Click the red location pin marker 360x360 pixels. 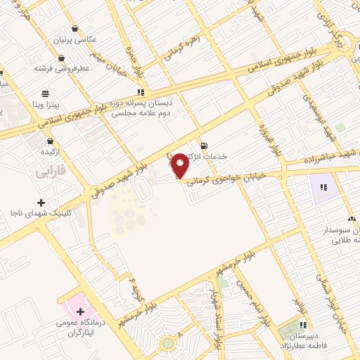point(180,165)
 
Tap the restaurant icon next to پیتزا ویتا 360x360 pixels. point(46,93)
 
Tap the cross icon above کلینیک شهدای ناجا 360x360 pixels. point(42,202)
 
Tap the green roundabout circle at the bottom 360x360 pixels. point(167,343)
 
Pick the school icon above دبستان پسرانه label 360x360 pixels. point(142,91)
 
